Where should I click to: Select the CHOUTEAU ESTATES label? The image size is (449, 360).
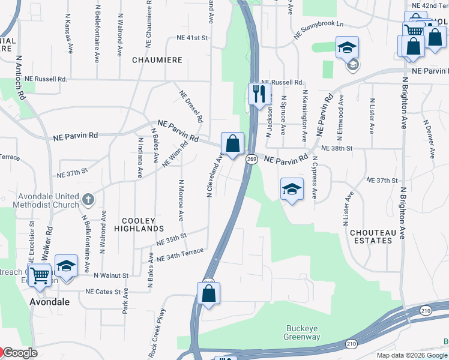point(371,236)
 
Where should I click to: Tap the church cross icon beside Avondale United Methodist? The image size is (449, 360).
point(88,197)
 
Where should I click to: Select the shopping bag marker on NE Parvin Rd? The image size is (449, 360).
point(233,144)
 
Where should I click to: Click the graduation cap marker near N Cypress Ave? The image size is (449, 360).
point(292,190)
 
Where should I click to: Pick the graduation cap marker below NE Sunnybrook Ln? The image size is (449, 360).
point(347,47)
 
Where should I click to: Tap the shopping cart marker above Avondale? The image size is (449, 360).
point(40,275)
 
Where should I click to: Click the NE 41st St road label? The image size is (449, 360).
point(192,38)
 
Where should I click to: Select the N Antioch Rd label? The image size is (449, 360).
point(20,78)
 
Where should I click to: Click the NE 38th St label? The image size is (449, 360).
point(336,148)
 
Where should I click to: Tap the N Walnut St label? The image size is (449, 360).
point(111,275)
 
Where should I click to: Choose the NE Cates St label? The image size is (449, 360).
point(103,291)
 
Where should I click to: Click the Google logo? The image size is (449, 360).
point(20,353)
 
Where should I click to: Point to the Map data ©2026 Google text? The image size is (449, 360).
point(411,355)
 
